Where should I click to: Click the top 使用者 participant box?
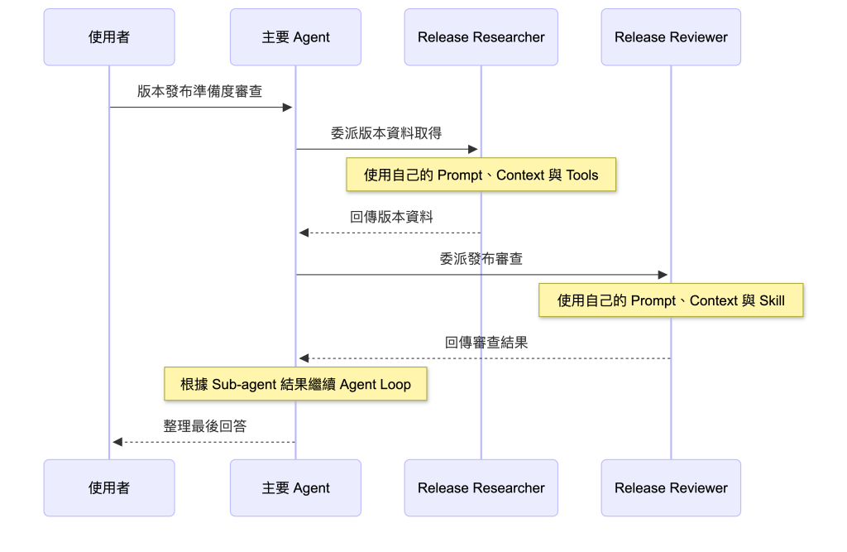(109, 37)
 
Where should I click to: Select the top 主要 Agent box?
(295, 37)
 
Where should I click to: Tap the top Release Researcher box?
(481, 37)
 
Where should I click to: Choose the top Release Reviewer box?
(671, 37)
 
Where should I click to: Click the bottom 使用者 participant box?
(109, 487)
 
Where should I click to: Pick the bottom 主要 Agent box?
(295, 487)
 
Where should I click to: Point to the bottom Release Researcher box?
(481, 487)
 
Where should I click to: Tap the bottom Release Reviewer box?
(671, 487)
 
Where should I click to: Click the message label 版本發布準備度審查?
(200, 91)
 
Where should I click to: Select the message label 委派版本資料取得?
(386, 133)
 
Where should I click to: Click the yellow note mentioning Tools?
(481, 175)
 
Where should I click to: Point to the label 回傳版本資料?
(391, 217)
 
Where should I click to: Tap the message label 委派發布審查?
(481, 259)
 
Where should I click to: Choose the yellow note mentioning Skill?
(671, 300)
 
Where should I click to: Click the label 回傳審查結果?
(486, 343)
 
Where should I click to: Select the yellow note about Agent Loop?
(295, 384)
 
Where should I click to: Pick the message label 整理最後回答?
(205, 426)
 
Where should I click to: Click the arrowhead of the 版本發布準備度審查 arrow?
(287, 107)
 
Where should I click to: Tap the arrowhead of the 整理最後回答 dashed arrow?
(117, 442)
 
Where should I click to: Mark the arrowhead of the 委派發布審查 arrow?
(663, 275)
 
